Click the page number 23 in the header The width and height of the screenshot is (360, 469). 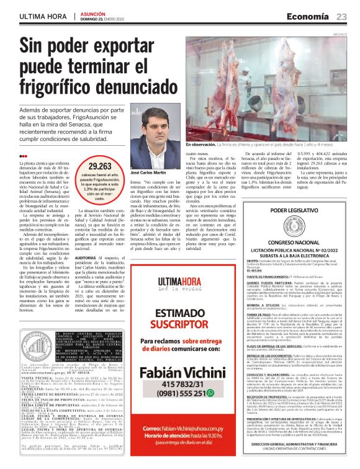pos(342,16)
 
